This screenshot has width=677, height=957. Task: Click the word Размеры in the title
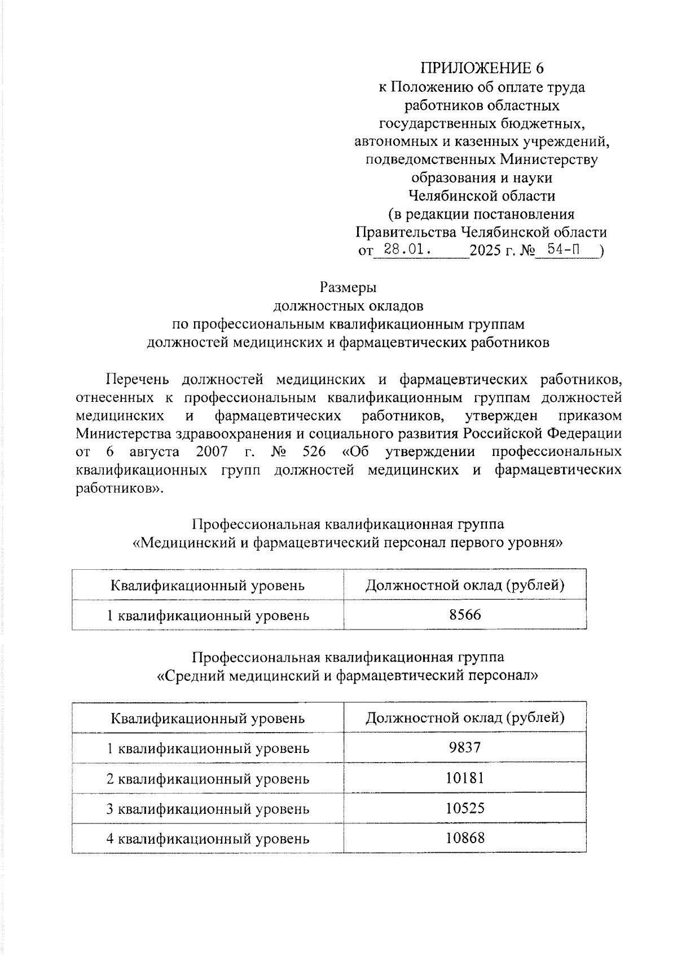pos(348,287)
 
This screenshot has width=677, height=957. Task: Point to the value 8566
pos(465,615)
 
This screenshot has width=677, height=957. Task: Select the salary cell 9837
pos(465,748)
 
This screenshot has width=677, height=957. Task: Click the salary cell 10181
pos(465,778)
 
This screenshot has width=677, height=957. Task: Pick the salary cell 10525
pos(465,808)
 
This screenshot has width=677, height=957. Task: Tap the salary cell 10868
pos(465,838)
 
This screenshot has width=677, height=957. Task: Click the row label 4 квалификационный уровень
pos(208,839)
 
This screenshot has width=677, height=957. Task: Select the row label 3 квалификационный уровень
pos(208,809)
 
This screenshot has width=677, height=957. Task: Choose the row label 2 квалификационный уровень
pos(208,779)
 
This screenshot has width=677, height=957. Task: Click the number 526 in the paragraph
pos(314,452)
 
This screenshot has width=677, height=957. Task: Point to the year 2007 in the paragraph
pos(212,452)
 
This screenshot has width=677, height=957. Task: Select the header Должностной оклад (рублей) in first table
pos(465,585)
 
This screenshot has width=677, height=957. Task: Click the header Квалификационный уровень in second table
pos(208,718)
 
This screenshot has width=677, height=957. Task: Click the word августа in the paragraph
pos(154,452)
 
